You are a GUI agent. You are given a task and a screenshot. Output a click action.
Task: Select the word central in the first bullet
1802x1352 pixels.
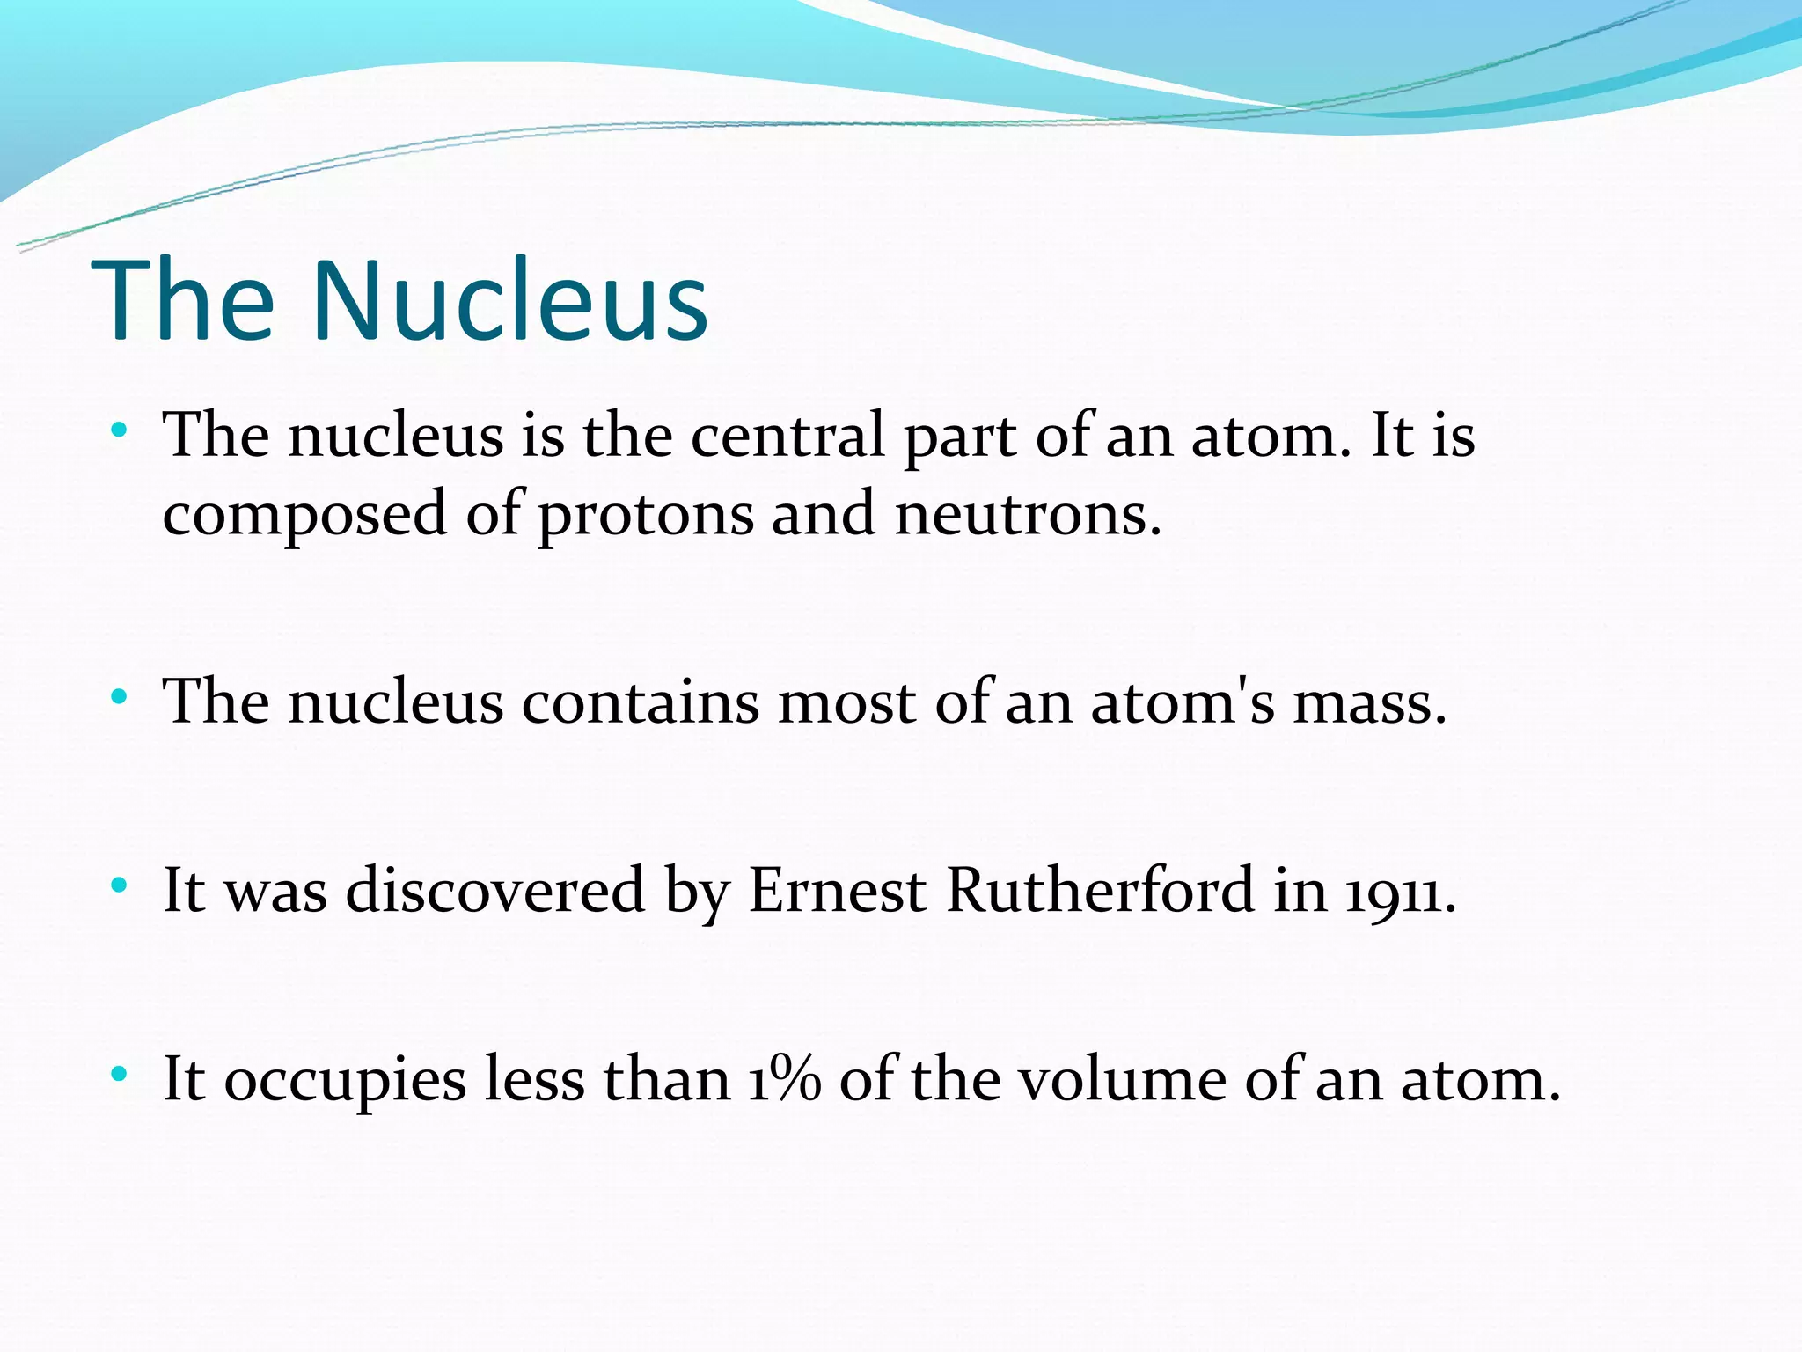coord(787,435)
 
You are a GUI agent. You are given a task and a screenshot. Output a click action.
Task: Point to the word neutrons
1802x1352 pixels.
coord(1028,513)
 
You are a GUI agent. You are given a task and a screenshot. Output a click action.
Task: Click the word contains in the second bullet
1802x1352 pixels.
coord(640,702)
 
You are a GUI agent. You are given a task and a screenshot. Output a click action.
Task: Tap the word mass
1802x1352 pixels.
coord(1369,702)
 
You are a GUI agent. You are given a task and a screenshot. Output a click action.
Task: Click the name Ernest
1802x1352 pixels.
coord(837,890)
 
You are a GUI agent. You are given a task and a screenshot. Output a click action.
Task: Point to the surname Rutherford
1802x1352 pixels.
coord(1100,890)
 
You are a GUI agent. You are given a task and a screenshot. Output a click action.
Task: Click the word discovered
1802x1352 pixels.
coord(495,890)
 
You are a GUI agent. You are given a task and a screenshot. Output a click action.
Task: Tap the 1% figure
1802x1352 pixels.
coord(785,1079)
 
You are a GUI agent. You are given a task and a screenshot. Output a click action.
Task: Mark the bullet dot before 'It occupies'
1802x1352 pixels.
coord(120,1075)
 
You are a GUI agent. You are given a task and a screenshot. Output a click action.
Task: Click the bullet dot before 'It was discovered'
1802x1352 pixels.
coord(120,885)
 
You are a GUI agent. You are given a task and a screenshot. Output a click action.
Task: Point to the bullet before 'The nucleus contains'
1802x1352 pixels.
coord(120,698)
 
